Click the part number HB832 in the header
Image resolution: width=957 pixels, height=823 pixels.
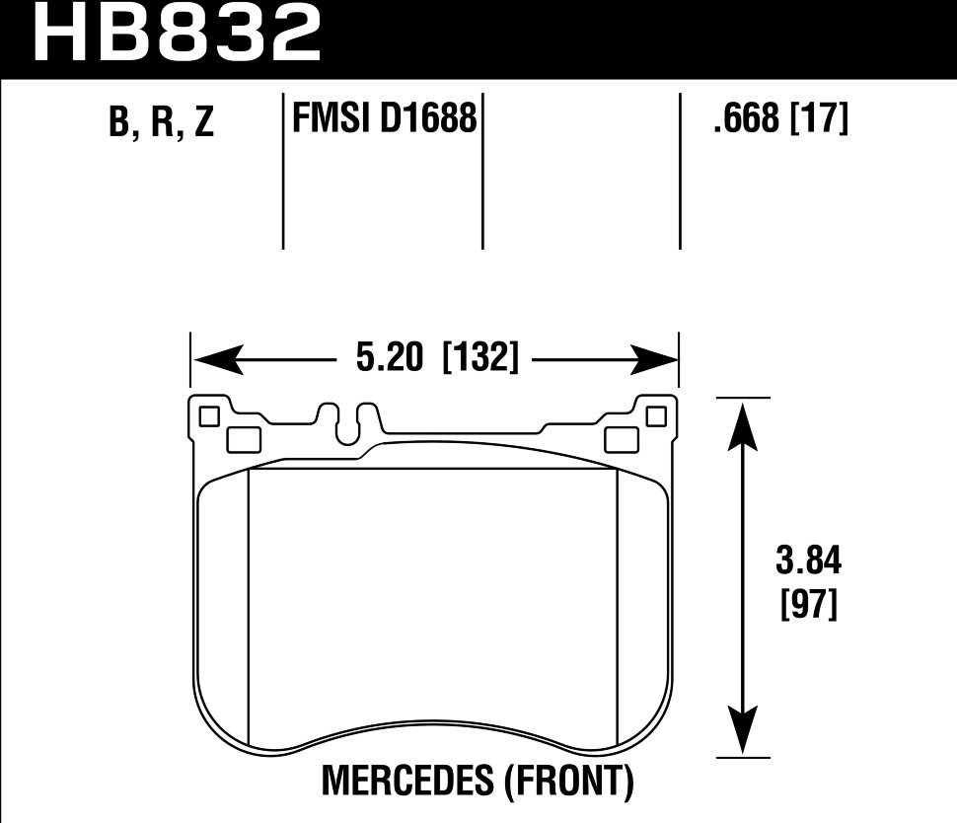point(178,34)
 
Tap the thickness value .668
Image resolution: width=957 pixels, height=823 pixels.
point(745,119)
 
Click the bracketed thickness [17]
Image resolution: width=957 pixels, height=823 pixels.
point(819,119)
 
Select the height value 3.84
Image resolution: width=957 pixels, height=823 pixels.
point(808,563)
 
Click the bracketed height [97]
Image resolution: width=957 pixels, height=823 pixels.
point(808,603)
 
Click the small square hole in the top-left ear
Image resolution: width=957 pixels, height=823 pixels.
point(208,417)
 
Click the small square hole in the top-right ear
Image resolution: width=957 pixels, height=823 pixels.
point(656,417)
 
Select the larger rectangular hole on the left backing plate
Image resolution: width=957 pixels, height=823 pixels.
point(243,438)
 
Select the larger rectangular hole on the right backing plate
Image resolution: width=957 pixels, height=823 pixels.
point(621,438)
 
